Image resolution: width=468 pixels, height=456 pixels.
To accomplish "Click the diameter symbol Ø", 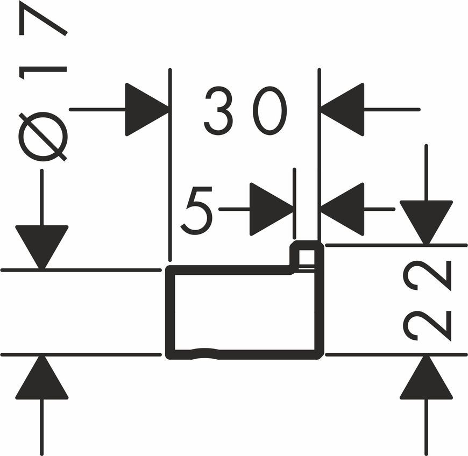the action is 42,137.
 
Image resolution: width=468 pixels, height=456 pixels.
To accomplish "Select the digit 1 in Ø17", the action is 42,73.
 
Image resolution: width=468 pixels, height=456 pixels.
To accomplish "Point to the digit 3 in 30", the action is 218,110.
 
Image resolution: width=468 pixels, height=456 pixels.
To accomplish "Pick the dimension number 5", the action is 197,210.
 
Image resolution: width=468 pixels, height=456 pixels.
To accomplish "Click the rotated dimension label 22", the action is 427,301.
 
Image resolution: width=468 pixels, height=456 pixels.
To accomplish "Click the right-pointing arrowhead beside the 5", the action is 271,209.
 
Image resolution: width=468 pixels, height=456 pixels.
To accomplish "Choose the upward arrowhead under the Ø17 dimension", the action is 42,377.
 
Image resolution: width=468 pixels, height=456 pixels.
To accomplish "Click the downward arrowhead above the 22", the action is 426,222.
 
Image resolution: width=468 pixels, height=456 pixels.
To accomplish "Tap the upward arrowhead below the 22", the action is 426,377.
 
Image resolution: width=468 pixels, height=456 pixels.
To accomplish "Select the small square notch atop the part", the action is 307,255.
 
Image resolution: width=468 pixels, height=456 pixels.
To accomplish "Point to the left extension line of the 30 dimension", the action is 170,165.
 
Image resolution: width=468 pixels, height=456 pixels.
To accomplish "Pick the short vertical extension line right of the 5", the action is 295,203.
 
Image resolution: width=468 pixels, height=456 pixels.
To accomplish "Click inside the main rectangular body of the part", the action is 244,312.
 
